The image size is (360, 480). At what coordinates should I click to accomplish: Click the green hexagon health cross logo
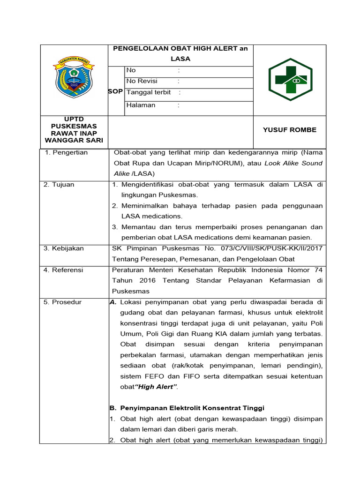pos(290,80)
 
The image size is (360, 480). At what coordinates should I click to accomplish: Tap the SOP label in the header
pos(115,91)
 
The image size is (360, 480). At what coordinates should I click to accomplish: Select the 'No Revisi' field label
pos(142,81)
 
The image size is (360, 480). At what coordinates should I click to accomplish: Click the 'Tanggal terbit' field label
pos(149,92)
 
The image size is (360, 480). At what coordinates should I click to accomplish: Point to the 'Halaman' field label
pos(141,105)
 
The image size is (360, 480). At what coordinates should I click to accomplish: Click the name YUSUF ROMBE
pos(290,130)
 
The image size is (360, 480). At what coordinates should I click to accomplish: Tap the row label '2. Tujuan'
pos(59,185)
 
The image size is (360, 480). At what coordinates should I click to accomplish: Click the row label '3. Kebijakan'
pos(64,248)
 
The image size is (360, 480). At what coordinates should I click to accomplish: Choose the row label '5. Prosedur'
pos(63,302)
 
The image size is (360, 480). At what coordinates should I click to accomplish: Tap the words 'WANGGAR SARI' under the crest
pos(74,140)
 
